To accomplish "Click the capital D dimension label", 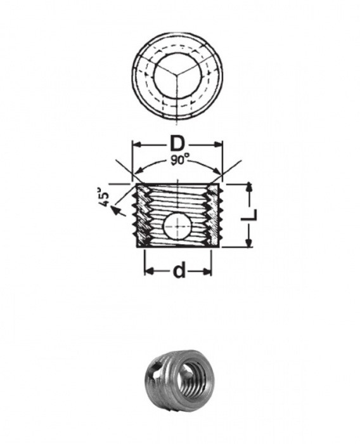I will pyautogui.click(x=177, y=143).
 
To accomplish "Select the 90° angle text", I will pyautogui.click(x=179, y=160).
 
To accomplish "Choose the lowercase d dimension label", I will pyautogui.click(x=179, y=271).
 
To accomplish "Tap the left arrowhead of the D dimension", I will pyautogui.click(x=135, y=145).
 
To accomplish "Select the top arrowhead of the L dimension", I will pyautogui.click(x=250, y=187).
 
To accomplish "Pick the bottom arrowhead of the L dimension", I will pyautogui.click(x=250, y=244).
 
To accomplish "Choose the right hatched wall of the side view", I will pyautogui.click(x=216, y=216).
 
